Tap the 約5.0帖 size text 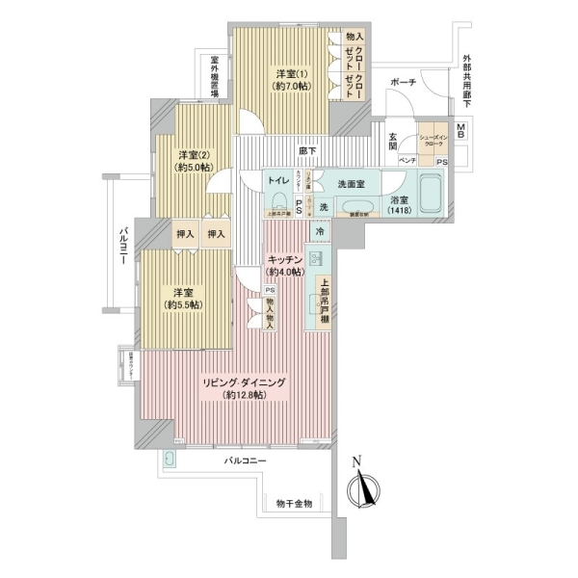[194, 167]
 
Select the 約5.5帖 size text [182, 304]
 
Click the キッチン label [286, 260]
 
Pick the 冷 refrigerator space [319, 232]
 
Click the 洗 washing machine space [324, 206]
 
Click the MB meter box [461, 130]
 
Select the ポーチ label [402, 84]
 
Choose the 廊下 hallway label [308, 150]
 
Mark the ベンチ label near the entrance [407, 161]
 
